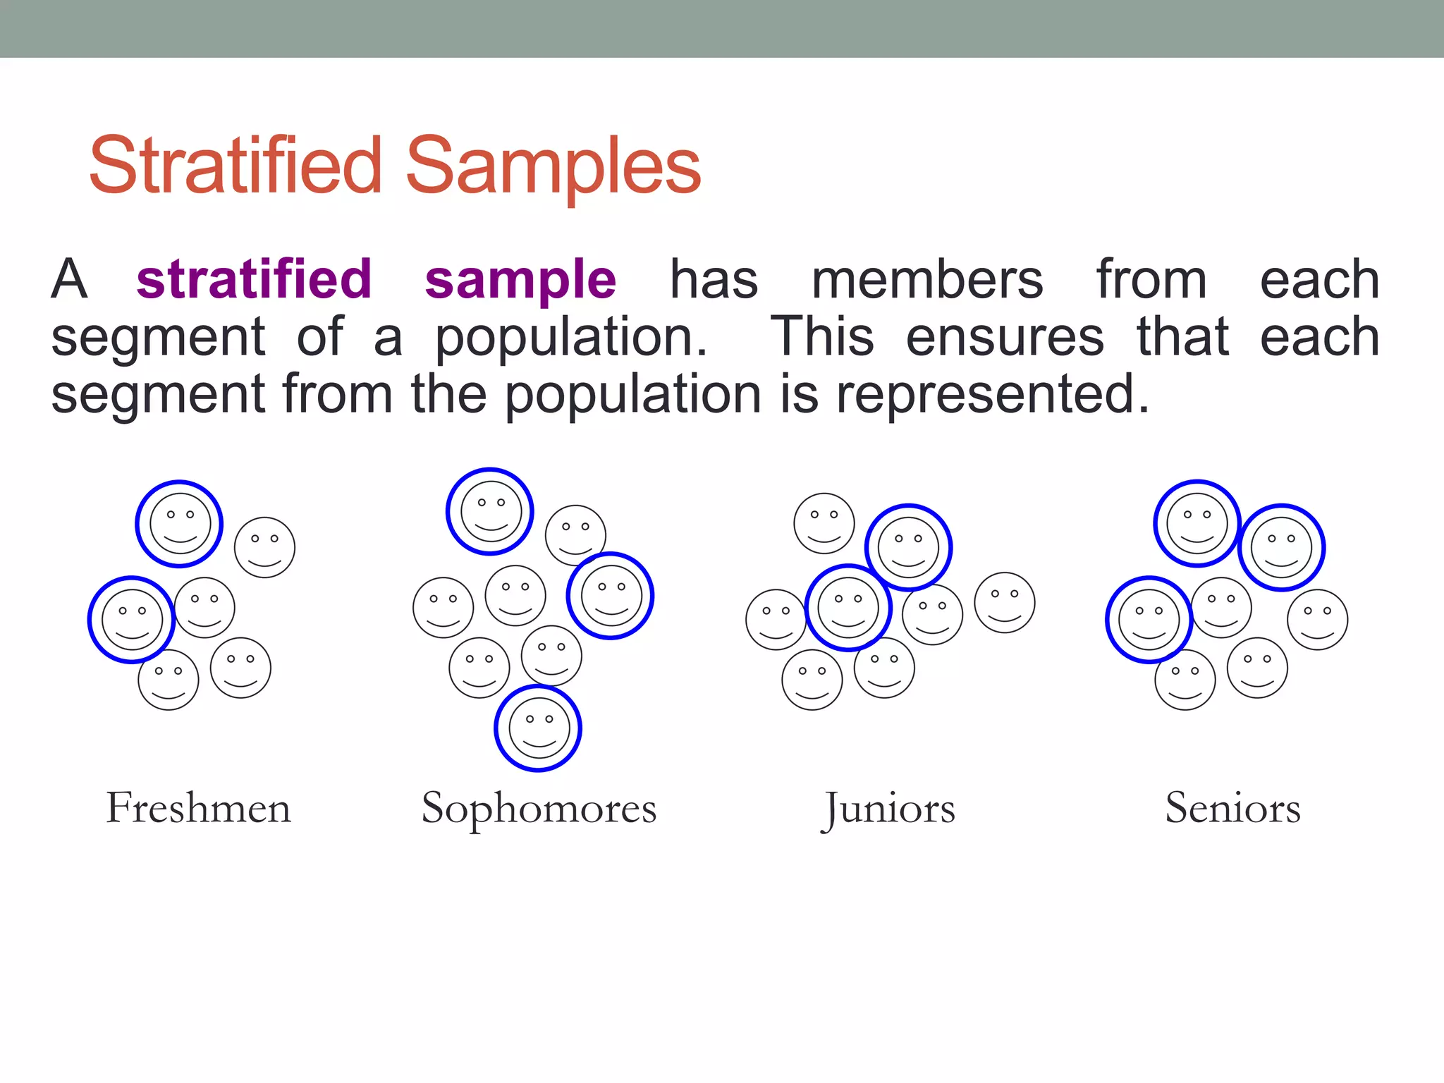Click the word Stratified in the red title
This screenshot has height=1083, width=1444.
pos(235,166)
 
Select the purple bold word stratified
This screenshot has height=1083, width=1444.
pos(254,279)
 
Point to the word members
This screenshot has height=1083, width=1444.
pos(927,280)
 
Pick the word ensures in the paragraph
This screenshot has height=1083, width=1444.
pos(1005,337)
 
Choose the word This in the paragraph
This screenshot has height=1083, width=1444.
pos(822,336)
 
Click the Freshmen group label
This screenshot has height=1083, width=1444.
pos(198,808)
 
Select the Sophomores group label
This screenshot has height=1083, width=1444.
pos(539,809)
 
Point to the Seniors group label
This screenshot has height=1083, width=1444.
pos(1232,808)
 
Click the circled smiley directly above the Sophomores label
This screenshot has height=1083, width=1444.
pos(539,728)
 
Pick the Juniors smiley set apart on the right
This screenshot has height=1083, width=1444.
pos(1004,603)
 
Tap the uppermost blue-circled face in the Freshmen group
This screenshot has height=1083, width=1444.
pos(180,524)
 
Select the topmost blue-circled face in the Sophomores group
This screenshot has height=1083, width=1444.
pos(491,512)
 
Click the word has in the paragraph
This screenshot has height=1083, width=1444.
pos(714,280)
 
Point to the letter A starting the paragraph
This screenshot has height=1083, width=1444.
pos(69,280)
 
